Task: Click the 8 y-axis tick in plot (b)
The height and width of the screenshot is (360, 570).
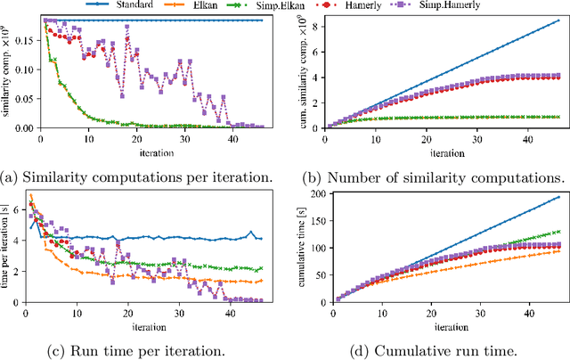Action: point(315,27)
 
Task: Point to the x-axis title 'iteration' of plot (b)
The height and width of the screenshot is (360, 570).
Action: point(442,152)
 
